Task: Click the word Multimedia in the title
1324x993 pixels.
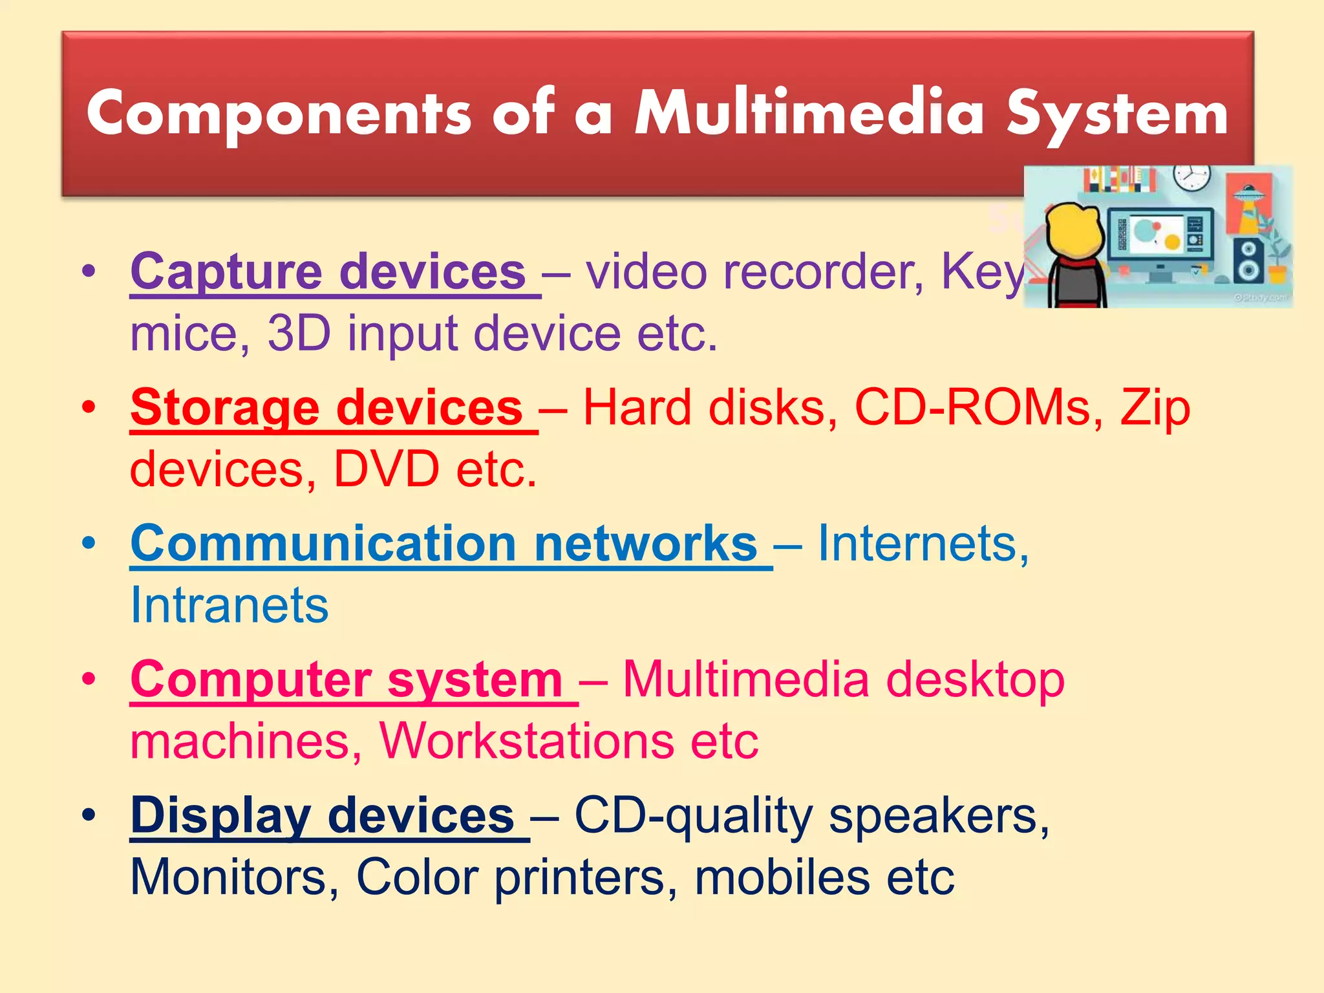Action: [x=809, y=113]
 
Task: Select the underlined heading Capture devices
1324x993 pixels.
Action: [x=328, y=272]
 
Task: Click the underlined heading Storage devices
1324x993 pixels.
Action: [x=326, y=408]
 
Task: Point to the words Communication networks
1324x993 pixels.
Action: [x=443, y=544]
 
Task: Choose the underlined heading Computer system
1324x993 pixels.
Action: [x=347, y=680]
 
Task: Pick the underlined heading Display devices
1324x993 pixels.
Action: [x=322, y=816]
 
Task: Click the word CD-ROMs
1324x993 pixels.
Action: [x=972, y=408]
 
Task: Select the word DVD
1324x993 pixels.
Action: [x=386, y=469]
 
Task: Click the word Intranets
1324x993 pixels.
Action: [x=230, y=605]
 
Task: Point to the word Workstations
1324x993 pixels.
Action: [x=526, y=741]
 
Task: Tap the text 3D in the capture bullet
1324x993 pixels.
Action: [x=299, y=334]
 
